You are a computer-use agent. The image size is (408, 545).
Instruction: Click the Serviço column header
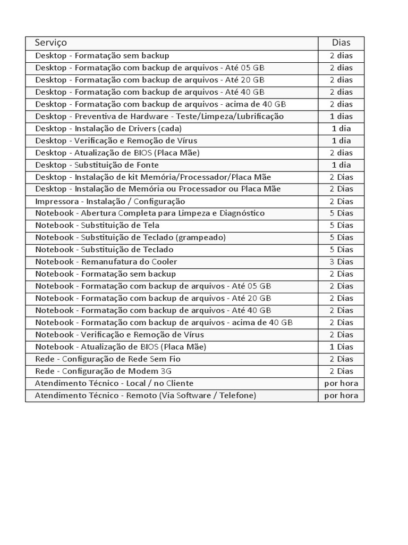pos(51,43)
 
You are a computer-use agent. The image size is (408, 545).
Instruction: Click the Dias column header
pos(341,43)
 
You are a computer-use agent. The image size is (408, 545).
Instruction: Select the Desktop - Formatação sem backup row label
pos(102,55)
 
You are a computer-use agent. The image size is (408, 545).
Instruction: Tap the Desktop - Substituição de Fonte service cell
pos(97,165)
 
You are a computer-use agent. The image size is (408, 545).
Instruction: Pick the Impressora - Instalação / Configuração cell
pos(110,201)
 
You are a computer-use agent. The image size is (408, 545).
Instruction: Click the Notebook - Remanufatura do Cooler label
pos(106,262)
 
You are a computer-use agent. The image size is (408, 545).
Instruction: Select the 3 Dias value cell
pos(341,262)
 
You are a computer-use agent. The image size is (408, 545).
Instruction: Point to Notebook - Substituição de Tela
pos(97,225)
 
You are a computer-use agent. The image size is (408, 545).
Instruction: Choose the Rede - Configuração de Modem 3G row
pos(104,371)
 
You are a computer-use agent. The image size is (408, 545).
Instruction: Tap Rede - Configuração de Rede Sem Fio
pos(108,359)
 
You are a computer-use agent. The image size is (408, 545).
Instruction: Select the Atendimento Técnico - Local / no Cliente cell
pos(114,383)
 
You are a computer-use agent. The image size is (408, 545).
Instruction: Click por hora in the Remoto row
pos(341,395)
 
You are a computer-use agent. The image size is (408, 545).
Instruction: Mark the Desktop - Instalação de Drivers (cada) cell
pos(108,128)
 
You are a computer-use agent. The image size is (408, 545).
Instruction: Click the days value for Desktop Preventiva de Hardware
pos(341,116)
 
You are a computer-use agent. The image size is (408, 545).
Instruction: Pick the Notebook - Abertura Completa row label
pos(150,213)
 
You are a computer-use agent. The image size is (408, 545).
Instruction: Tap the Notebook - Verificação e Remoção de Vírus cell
pos(120,335)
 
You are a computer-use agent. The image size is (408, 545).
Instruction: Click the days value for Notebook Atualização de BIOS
pos(341,346)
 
